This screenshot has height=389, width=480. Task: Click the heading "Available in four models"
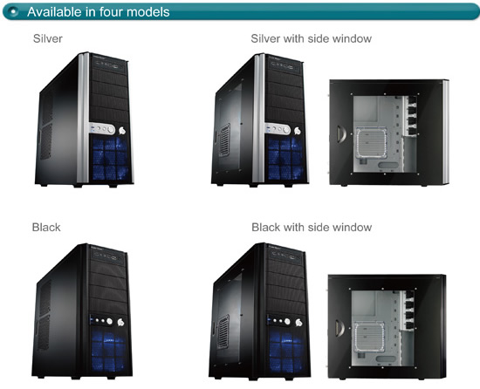click(99, 12)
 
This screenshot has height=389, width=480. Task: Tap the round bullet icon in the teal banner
click(13, 12)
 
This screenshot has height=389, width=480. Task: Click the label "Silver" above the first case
click(48, 38)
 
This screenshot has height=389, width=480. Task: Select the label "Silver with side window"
click(311, 38)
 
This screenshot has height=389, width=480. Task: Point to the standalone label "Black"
click(46, 228)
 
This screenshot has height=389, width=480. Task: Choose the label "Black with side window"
click(312, 228)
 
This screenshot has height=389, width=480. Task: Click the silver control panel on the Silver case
click(102, 129)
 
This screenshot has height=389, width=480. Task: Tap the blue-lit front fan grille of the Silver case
click(110, 159)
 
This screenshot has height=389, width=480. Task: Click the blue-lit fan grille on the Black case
click(108, 349)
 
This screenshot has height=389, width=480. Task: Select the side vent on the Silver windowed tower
click(224, 140)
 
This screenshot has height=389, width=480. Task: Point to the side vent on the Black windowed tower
click(223, 331)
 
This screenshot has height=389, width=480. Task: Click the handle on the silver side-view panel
click(341, 134)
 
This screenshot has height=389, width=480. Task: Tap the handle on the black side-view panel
click(339, 328)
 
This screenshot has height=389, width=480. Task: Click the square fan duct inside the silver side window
click(371, 143)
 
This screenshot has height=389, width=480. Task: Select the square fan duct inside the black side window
click(369, 337)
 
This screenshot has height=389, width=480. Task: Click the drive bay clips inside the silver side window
click(411, 116)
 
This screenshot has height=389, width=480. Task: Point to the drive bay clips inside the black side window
click(408, 311)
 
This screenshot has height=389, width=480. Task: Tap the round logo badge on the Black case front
click(121, 322)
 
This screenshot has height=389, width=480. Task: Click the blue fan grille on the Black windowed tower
click(286, 350)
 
